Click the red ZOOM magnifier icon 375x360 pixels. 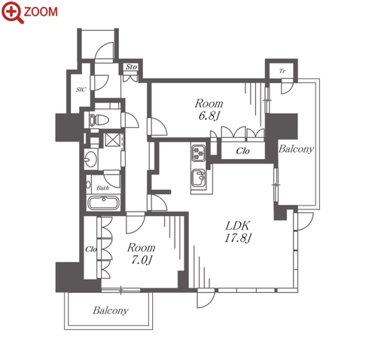13,12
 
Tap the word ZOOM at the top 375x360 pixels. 41,11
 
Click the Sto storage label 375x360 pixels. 131,66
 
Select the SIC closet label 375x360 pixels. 81,90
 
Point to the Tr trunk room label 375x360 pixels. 282,71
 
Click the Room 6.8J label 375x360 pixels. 209,110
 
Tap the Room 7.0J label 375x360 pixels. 142,254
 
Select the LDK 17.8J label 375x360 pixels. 238,232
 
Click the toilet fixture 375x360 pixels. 99,120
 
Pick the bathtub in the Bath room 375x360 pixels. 103,203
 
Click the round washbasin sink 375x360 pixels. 90,159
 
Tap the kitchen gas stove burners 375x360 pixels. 199,153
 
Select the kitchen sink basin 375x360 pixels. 199,178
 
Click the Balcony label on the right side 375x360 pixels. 296,149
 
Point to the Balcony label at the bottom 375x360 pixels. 111,310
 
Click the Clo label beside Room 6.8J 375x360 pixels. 242,151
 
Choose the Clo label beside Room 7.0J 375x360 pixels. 91,249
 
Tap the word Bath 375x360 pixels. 102,188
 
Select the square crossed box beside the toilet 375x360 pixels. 113,139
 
